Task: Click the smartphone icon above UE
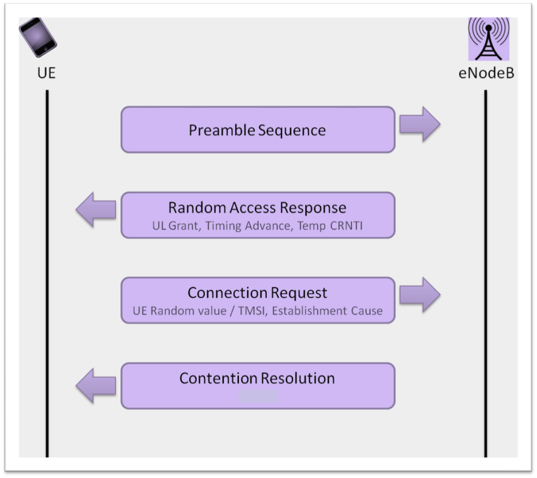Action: tap(38, 37)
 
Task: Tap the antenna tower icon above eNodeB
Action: tap(488, 39)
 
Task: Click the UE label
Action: tap(46, 73)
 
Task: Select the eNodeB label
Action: tap(486, 73)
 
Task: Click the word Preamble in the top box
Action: tap(222, 131)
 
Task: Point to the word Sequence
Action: tap(292, 131)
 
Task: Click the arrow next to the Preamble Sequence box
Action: tap(419, 124)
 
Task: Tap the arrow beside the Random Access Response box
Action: tap(96, 210)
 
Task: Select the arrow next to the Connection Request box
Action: tap(419, 295)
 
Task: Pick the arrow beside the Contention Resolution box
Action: tap(96, 386)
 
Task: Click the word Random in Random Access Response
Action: tap(197, 208)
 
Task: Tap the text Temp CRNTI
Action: tap(330, 226)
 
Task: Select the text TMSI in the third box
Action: tap(252, 311)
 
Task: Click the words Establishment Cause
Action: tap(327, 311)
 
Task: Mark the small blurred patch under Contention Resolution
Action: tap(258, 396)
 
